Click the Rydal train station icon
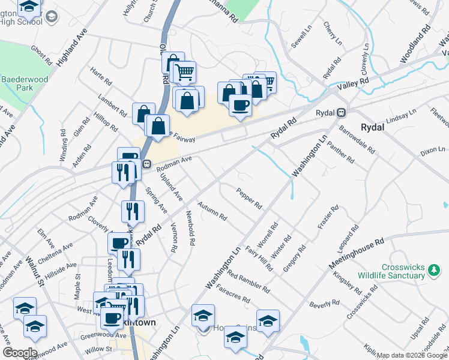(341, 112)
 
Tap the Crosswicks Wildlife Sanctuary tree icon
(433, 274)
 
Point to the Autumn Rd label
(212, 211)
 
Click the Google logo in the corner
(20, 353)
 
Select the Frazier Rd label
(327, 219)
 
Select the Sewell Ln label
(302, 37)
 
